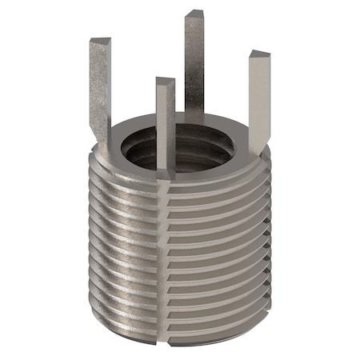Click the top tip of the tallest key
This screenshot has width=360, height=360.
[x=194, y=15]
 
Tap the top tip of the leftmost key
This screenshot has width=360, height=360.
[x=100, y=42]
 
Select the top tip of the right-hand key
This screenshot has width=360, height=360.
[x=259, y=56]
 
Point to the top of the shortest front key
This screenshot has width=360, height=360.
[x=165, y=82]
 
